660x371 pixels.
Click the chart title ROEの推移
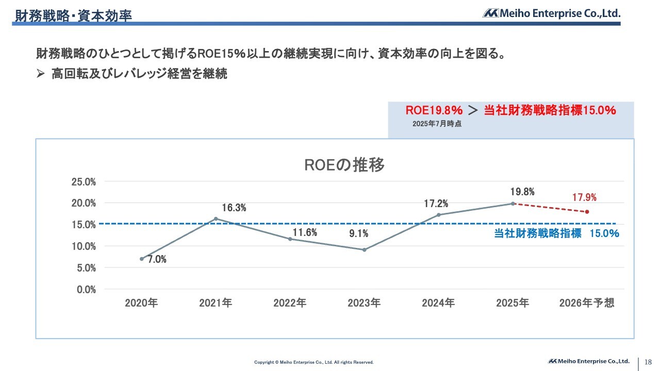344,165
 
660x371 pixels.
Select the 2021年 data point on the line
216,218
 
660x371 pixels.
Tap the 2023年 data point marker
364,250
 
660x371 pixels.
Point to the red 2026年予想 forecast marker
587,212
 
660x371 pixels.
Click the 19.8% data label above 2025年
522,192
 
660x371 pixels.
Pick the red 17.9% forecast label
584,197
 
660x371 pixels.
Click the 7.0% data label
157,260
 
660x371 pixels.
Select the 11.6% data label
304,232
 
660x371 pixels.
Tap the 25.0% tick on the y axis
84,181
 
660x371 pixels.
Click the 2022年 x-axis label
290,303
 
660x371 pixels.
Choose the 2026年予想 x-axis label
587,303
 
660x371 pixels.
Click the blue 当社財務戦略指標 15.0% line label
556,233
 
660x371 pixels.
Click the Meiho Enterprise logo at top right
551,13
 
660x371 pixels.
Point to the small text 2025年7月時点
437,124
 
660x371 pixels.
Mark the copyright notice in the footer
313,362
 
